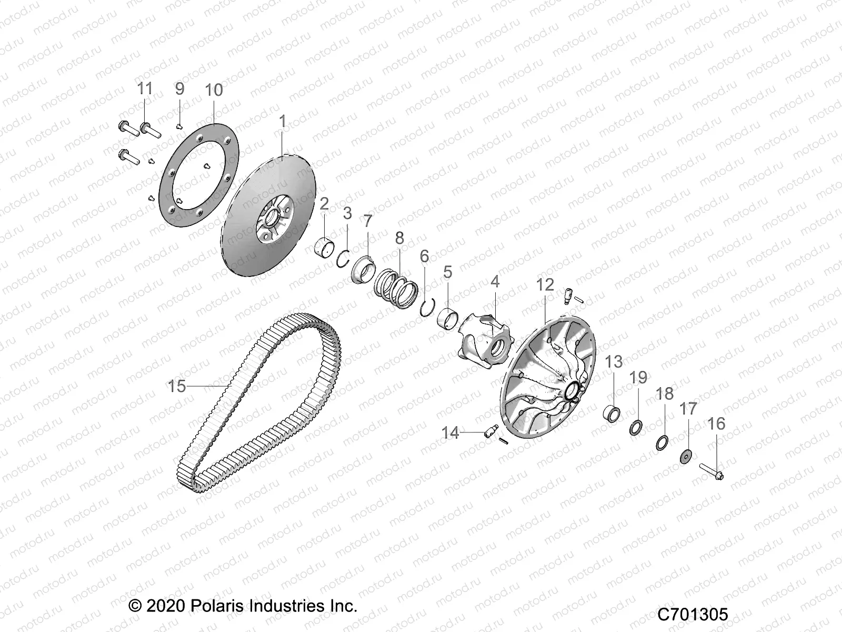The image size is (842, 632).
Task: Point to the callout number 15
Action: (x=177, y=386)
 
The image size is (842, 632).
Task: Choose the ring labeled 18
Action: (x=663, y=442)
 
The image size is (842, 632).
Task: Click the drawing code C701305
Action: (x=693, y=614)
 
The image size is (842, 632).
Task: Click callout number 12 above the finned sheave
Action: (x=545, y=285)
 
